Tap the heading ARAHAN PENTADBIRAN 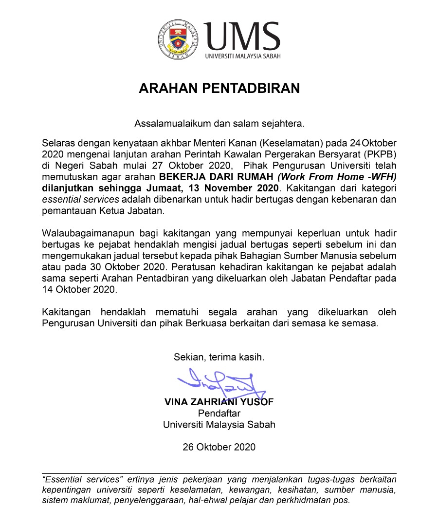click(x=219, y=89)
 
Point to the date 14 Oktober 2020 click(x=80, y=289)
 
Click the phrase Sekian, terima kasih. click(x=219, y=357)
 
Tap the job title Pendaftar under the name click(x=219, y=413)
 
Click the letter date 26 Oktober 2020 click(x=219, y=447)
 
